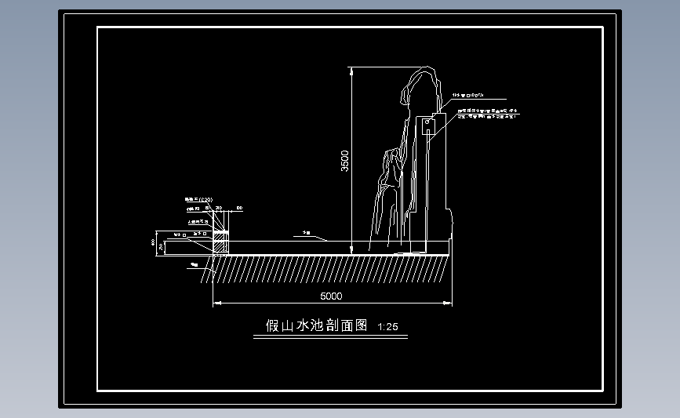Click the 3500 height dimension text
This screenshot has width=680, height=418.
click(x=345, y=161)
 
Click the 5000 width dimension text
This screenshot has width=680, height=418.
click(x=332, y=296)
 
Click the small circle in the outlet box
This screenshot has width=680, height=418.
click(x=427, y=123)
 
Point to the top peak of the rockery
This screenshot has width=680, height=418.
click(x=424, y=72)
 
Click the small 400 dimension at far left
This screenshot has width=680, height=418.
click(x=155, y=242)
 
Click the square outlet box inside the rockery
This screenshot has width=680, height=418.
click(x=427, y=125)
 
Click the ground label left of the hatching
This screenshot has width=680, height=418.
click(x=194, y=266)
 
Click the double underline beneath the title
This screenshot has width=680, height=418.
click(x=330, y=337)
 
